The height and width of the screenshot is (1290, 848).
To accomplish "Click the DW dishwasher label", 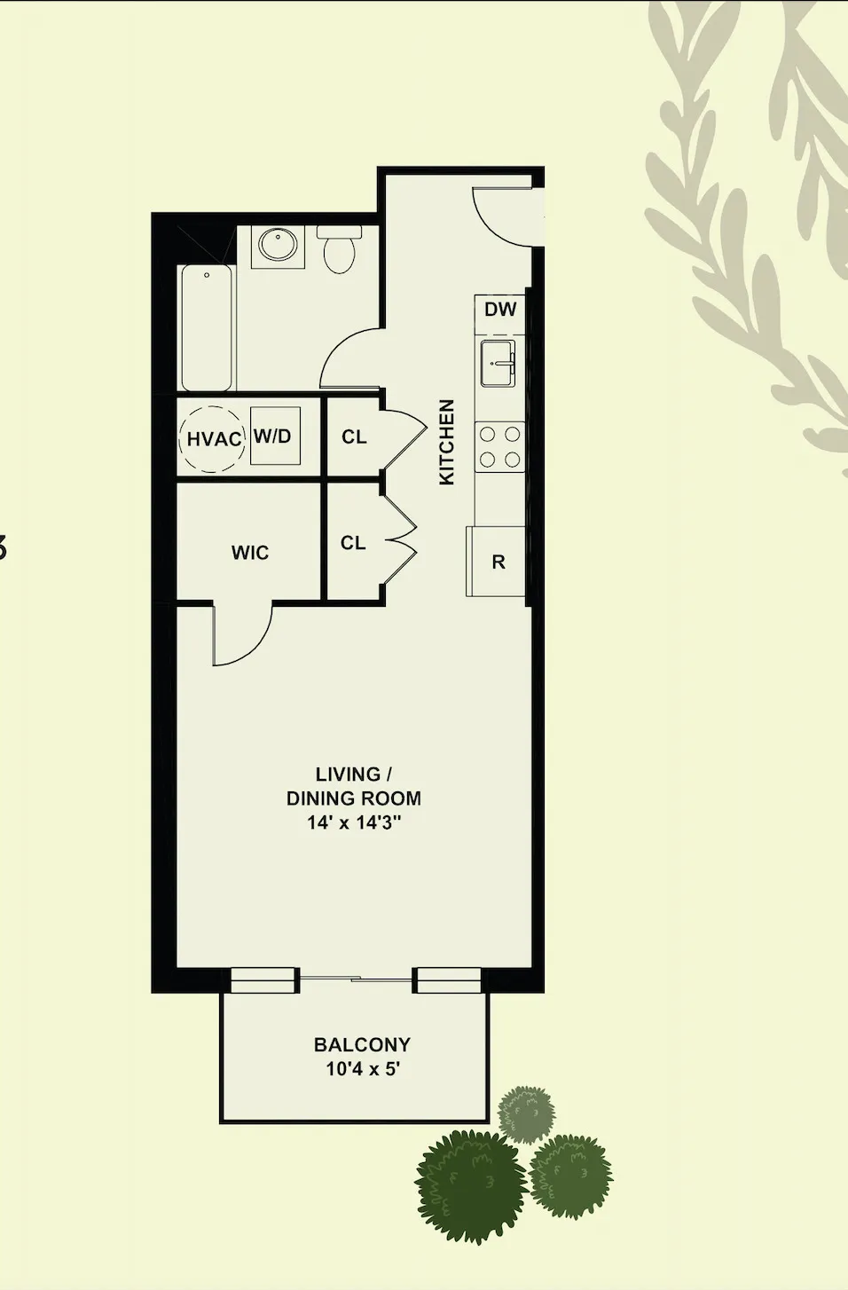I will click(500, 310).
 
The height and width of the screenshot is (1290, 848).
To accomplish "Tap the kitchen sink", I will click(498, 364).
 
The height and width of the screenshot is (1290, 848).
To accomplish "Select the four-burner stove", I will click(499, 446).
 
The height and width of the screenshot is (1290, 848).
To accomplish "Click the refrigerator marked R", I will click(498, 562).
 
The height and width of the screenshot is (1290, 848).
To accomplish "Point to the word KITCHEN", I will click(447, 442).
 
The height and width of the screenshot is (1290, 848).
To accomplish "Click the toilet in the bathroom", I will click(339, 249).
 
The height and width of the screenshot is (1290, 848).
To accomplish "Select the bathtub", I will click(207, 327).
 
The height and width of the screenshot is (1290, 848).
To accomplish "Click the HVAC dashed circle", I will click(213, 439).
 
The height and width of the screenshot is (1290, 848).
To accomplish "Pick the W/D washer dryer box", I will click(273, 436).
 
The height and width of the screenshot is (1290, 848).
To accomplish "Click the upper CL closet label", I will click(354, 437).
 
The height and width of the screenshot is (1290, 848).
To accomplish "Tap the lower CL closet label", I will click(353, 543).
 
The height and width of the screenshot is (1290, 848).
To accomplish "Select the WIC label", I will click(249, 553).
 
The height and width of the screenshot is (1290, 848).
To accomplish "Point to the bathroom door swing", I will click(350, 359).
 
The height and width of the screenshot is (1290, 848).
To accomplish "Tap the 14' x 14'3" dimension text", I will click(354, 822).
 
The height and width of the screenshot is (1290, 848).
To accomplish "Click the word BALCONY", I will click(362, 1044).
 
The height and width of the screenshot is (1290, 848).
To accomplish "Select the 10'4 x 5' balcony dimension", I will click(362, 1069).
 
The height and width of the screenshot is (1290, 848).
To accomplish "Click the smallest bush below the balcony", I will click(526, 1113).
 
